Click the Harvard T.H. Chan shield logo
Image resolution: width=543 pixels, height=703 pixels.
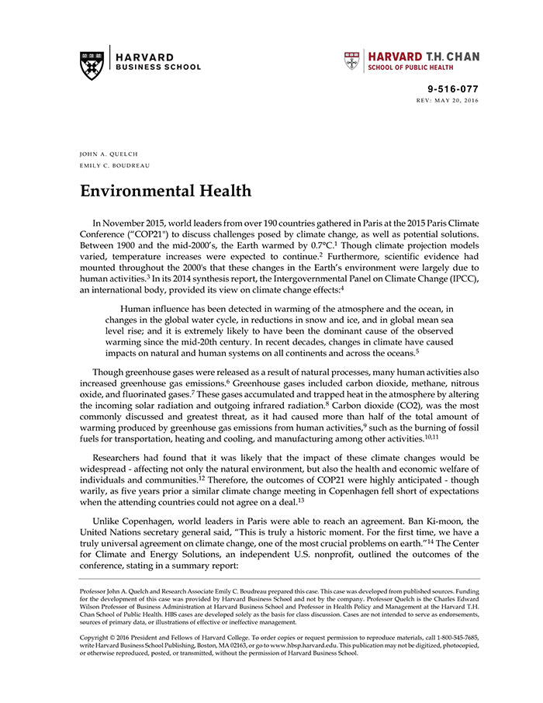[352, 61]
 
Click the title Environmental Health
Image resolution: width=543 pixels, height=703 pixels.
[165, 191]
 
